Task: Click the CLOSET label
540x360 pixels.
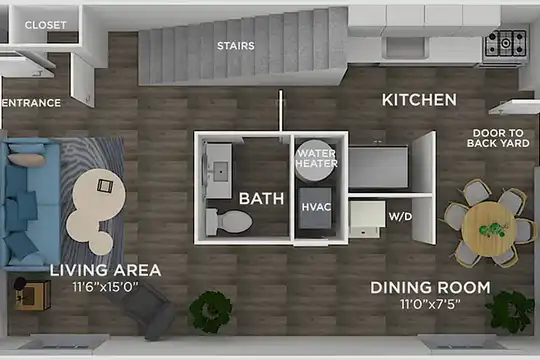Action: click(45, 25)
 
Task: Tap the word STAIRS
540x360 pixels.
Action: click(236, 45)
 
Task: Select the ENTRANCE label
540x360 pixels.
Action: click(31, 103)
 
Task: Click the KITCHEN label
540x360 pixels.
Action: click(419, 100)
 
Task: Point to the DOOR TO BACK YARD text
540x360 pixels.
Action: click(498, 138)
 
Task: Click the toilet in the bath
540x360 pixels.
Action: click(229, 222)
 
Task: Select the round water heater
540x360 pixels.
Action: click(316, 160)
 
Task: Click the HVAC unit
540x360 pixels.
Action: click(315, 208)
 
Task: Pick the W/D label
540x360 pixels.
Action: click(400, 216)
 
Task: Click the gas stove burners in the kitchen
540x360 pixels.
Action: click(506, 43)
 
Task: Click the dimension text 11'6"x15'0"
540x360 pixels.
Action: click(105, 286)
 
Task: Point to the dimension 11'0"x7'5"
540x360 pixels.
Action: click(430, 304)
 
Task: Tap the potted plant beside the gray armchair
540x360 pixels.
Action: click(210, 311)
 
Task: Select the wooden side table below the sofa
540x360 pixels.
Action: click(33, 294)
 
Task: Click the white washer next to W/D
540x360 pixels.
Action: click(367, 219)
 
